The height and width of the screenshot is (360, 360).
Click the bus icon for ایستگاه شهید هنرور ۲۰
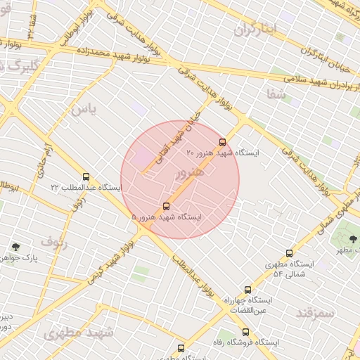point(223,142)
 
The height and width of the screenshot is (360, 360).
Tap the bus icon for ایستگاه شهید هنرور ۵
point(166,206)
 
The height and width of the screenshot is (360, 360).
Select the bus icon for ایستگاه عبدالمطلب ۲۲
point(86,177)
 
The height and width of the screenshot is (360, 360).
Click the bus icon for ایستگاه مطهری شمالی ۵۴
point(289,253)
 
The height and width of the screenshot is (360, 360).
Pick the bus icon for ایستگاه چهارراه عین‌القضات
point(247,290)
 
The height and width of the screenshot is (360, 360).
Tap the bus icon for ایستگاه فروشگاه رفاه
point(245,332)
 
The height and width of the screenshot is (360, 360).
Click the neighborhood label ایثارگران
point(257,29)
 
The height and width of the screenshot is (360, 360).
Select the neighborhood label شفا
point(275,92)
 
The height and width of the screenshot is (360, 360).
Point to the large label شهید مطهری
point(77,332)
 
